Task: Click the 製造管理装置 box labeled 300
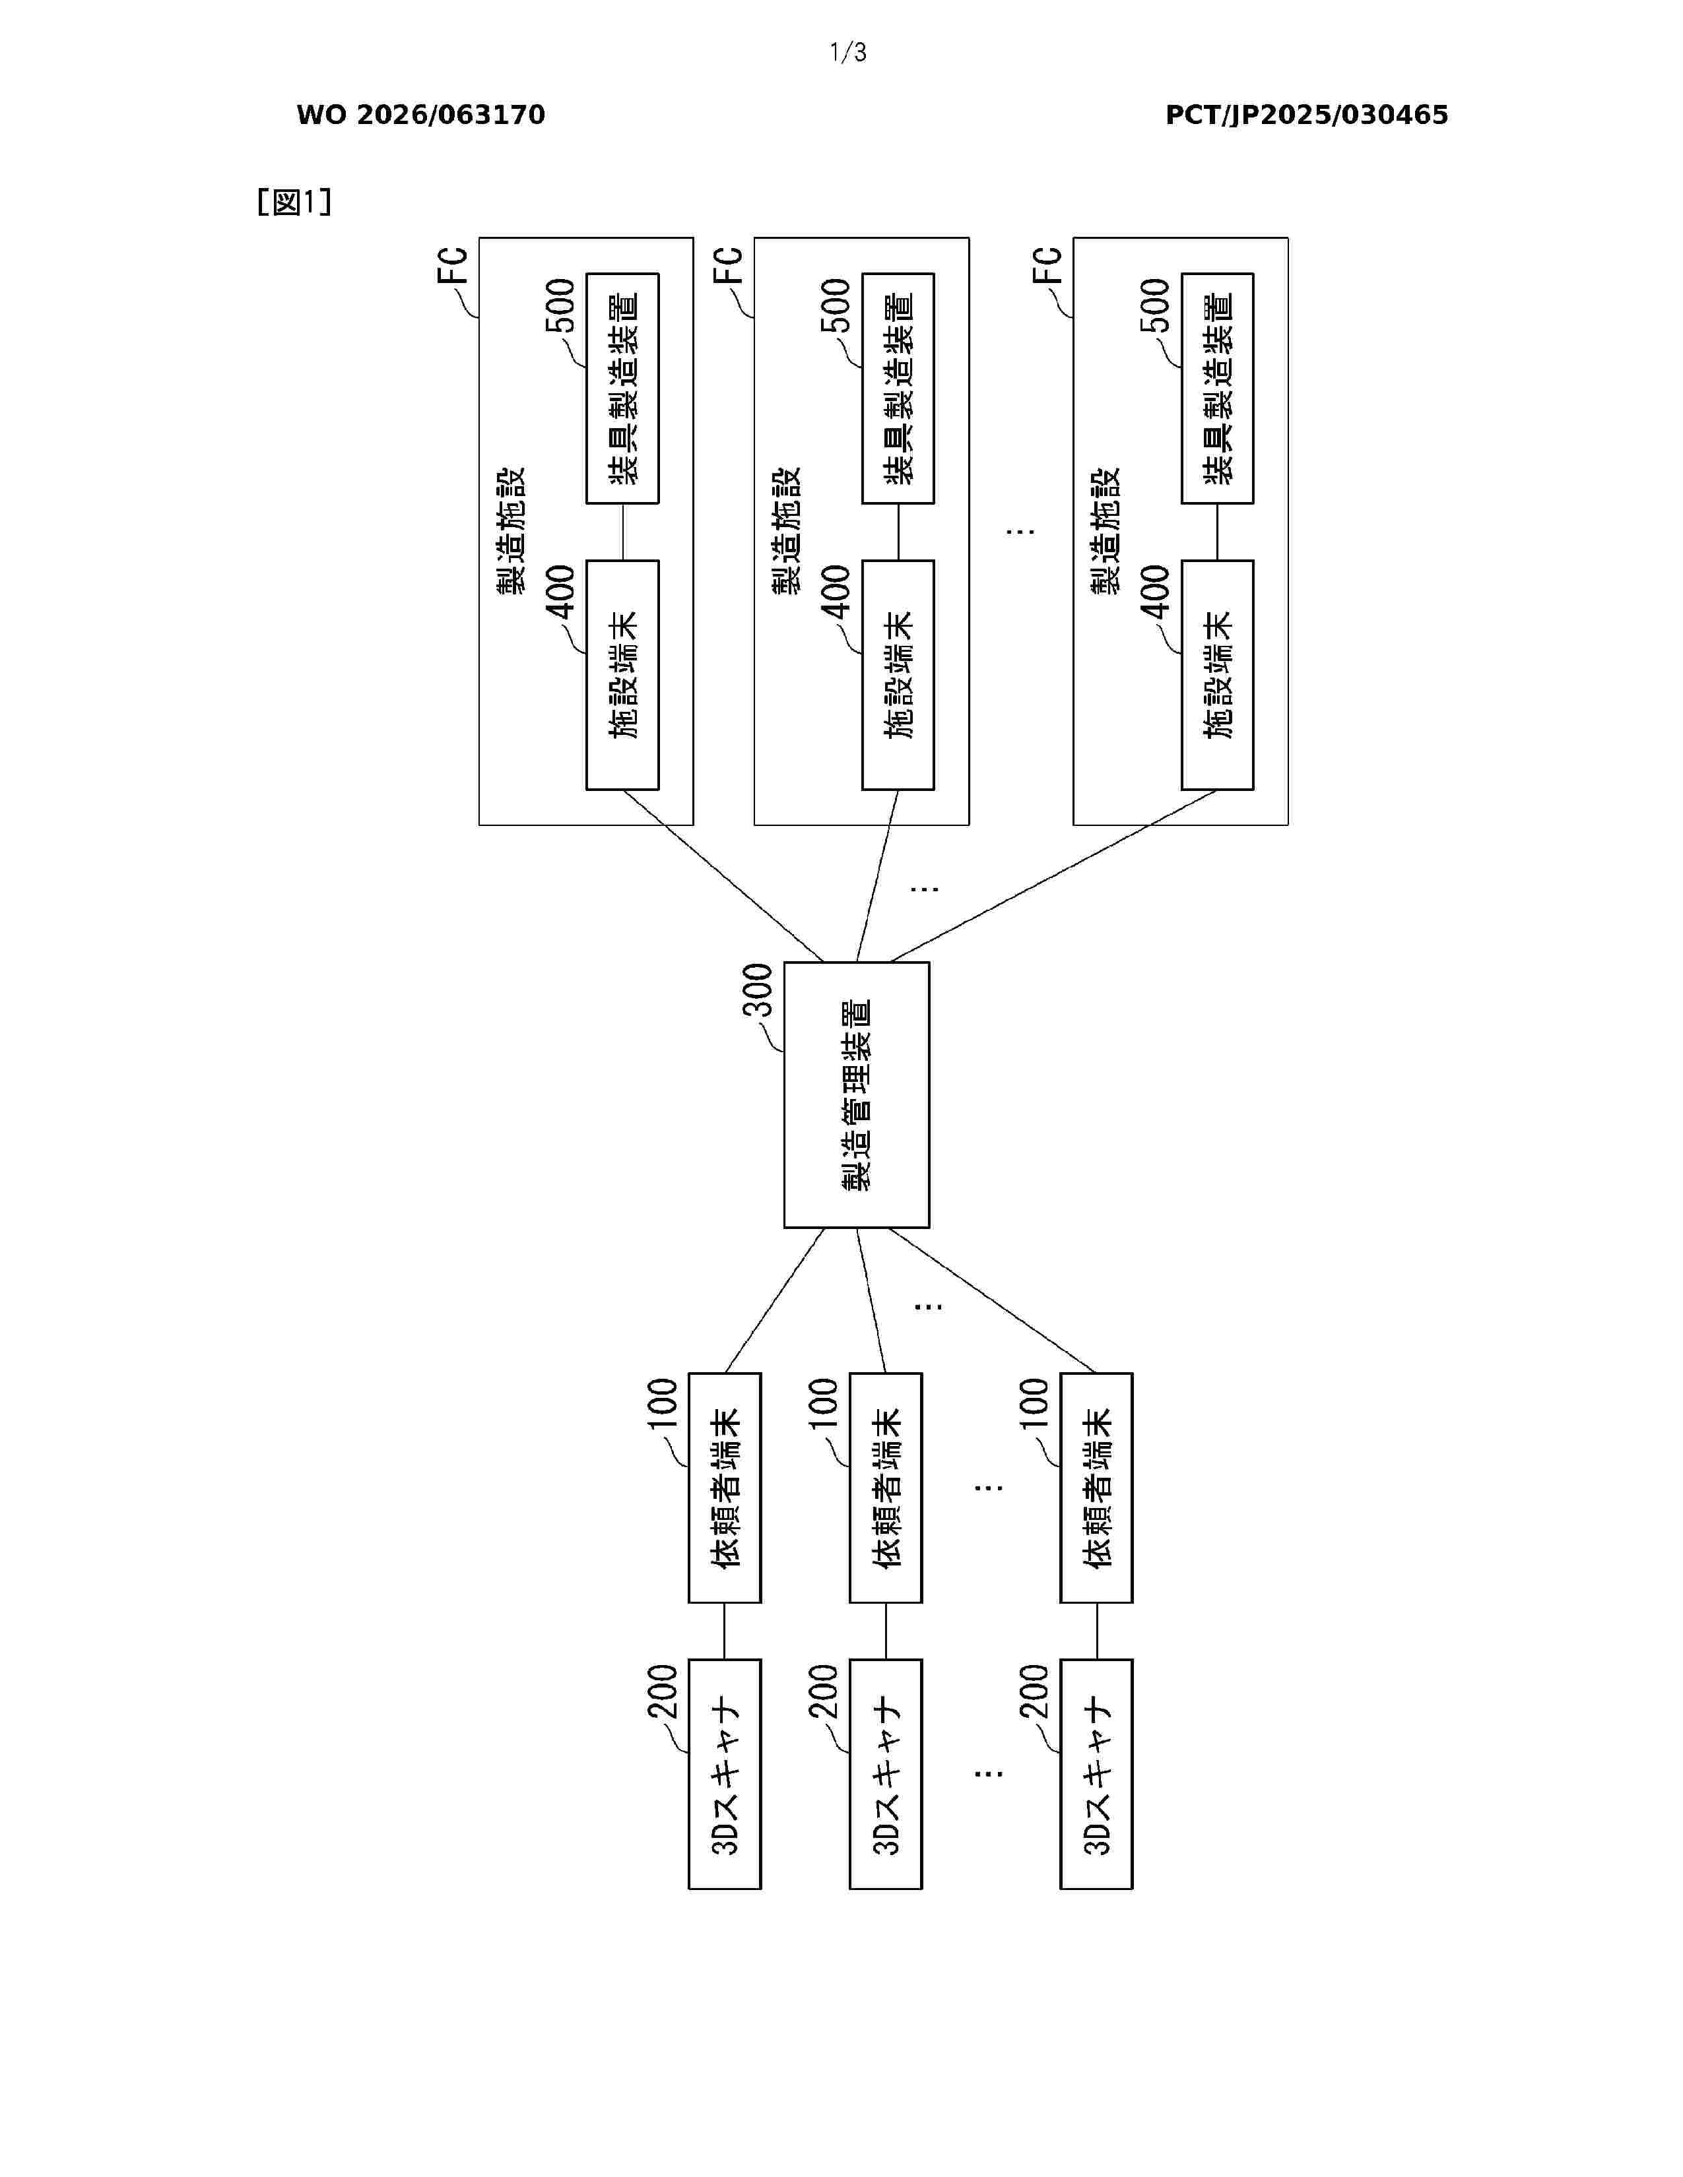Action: [857, 1094]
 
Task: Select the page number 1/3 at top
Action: [847, 53]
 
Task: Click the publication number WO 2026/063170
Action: [421, 115]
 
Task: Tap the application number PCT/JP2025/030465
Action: [1306, 115]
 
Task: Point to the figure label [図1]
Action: [294, 203]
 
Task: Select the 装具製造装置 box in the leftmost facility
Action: [622, 388]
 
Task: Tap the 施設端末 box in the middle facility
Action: [898, 675]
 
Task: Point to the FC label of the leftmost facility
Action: [453, 265]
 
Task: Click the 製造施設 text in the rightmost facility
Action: [1107, 530]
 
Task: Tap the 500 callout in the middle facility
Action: [836, 305]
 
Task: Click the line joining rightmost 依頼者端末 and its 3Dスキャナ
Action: [1097, 1631]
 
